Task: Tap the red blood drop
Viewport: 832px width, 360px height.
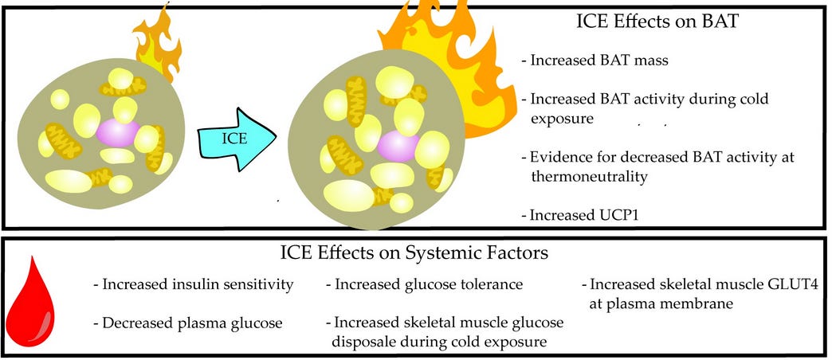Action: pyautogui.click(x=33, y=304)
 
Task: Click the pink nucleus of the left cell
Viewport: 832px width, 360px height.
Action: pyautogui.click(x=118, y=132)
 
